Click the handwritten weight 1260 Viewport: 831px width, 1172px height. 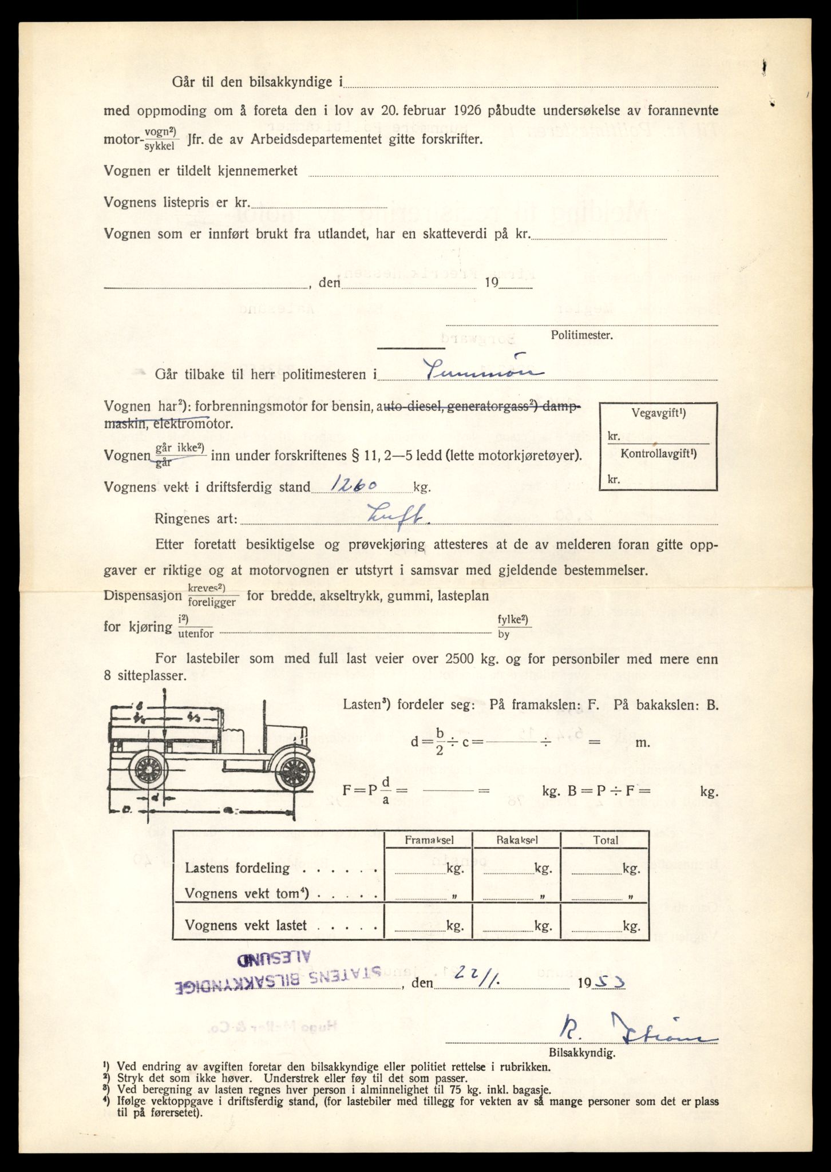point(349,485)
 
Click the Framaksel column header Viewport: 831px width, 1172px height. point(429,840)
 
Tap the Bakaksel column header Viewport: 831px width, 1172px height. point(517,840)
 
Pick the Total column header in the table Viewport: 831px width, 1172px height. point(606,840)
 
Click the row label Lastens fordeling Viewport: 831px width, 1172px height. point(238,868)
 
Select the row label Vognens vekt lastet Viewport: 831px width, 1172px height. point(246,925)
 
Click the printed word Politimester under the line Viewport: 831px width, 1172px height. point(581,335)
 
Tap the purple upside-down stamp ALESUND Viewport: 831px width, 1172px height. point(274,957)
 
